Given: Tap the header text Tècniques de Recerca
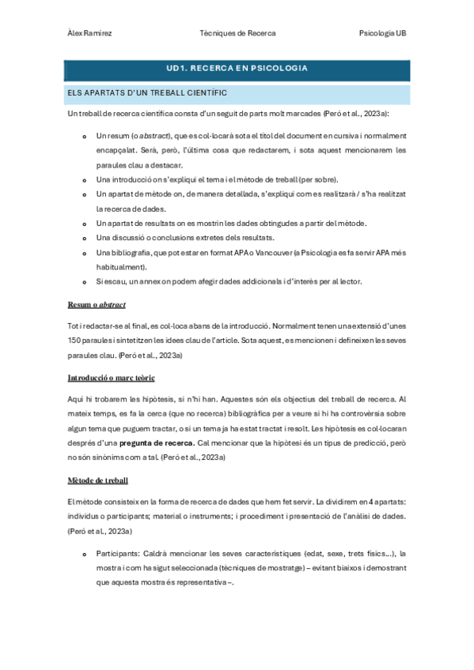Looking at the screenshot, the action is (x=237, y=33).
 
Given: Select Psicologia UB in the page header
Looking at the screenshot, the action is (x=382, y=33).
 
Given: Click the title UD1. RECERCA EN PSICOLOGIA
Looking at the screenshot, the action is (x=237, y=69).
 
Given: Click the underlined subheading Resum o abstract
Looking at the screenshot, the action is (x=97, y=304).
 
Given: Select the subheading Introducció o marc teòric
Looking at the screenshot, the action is (x=112, y=378).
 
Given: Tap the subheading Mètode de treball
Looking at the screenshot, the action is (x=99, y=480).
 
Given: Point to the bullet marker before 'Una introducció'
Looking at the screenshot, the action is (x=85, y=181).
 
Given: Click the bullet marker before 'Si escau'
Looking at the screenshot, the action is (x=85, y=282).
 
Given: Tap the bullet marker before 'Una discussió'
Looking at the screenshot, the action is (x=85, y=238).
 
